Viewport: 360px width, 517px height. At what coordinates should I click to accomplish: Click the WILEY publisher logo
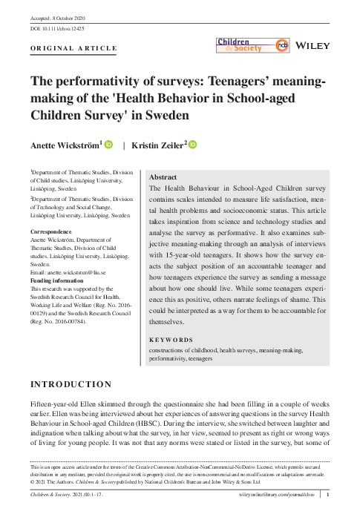point(312,46)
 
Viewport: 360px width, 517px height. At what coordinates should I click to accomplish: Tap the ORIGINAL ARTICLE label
point(73,48)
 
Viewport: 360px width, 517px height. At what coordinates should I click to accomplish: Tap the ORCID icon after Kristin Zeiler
point(192,144)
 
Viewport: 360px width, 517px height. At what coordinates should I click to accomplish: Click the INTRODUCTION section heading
point(71,384)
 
